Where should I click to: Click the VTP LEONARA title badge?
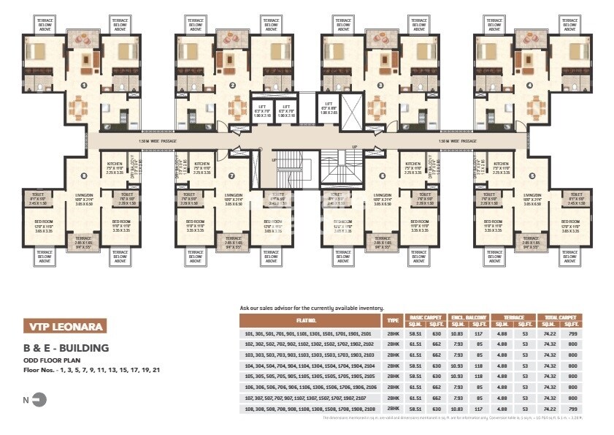[66, 325]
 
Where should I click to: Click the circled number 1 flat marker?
[83, 86]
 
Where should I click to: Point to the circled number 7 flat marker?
[231, 176]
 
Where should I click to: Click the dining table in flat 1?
[77, 109]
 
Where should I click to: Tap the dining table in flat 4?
[537, 109]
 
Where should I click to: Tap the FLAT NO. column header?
[310, 320]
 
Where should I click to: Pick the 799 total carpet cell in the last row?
[573, 409]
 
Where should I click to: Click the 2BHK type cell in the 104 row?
[394, 365]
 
